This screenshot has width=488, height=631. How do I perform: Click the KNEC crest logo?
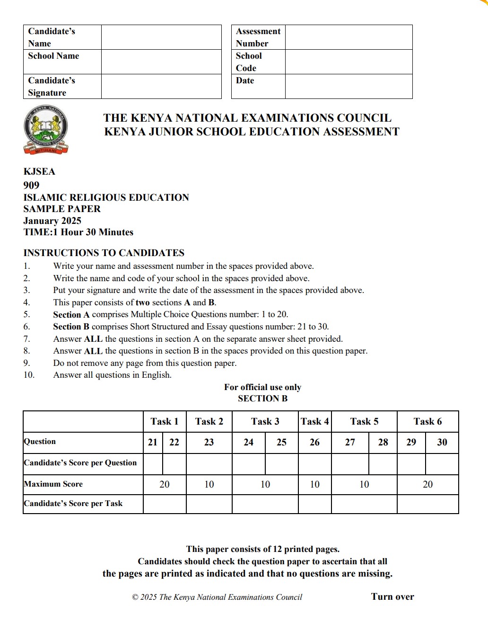[46, 130]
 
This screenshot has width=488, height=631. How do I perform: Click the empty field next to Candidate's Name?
[161, 37]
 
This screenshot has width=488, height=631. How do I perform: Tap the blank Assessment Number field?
[349, 37]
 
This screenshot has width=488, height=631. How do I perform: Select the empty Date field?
[349, 86]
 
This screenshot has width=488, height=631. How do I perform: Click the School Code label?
[249, 62]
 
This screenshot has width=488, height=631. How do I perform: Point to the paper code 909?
[31, 185]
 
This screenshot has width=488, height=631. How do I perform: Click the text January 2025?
[52, 221]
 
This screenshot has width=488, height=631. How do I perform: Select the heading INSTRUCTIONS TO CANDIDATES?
[104, 253]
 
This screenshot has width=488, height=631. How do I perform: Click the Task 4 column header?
[314, 421]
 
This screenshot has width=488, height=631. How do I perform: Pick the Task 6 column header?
[427, 421]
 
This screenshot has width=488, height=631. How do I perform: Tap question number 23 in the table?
[209, 442]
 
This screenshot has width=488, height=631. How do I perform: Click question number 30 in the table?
[442, 442]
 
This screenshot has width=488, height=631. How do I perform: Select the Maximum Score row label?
[53, 484]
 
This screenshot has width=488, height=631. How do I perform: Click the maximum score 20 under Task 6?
[427, 484]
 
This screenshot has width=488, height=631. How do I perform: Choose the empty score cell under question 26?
[314, 464]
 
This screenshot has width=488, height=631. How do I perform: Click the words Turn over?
[392, 596]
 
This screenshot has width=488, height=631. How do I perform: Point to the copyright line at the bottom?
[217, 597]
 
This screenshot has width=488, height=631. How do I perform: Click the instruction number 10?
[29, 375]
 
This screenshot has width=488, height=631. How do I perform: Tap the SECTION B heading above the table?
[262, 399]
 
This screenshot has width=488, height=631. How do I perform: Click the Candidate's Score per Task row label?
[73, 504]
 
